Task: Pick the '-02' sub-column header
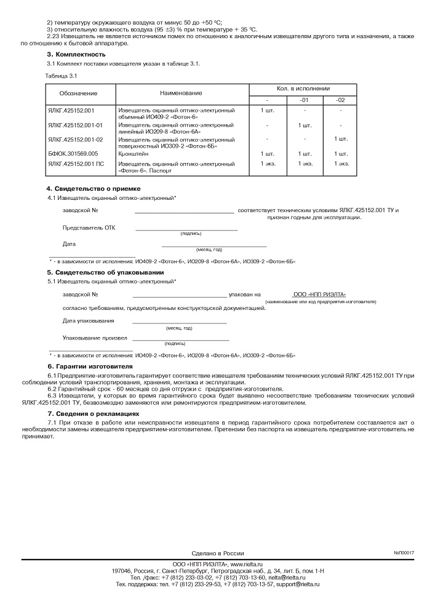[341, 100]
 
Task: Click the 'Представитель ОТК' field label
[89, 228]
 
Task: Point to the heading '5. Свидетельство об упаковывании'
[105, 272]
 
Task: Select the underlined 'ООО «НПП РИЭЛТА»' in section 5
[319, 295]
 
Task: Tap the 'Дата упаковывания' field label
[89, 320]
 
